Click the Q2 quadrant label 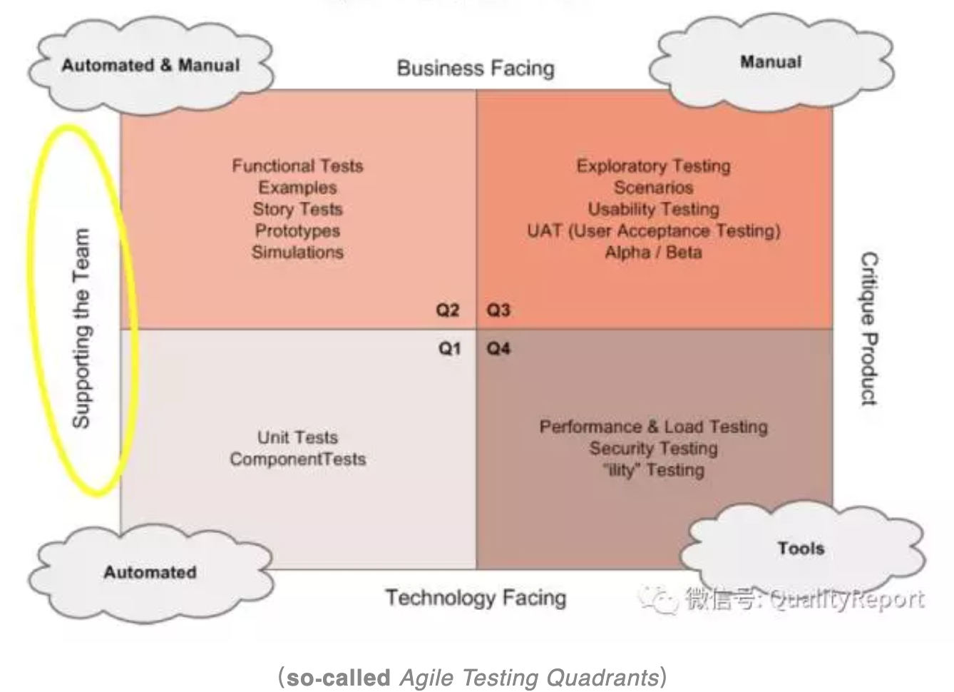pos(448,310)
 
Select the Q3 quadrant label pos(498,310)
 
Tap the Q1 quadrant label pos(449,349)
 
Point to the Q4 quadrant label pos(498,349)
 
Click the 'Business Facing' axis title pos(476,68)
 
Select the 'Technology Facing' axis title pos(476,598)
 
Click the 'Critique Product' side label pos(868,329)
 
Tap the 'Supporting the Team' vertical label pos(81,329)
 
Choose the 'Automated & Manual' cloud pos(150,66)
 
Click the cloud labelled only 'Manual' pos(771,63)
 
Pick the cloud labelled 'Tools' pos(801,549)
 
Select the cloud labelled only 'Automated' pos(150,572)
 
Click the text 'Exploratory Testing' pos(653,166)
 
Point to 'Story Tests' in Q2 pos(297,209)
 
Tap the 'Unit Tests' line pos(297,437)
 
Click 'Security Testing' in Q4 pos(653,449)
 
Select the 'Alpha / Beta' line pos(653,253)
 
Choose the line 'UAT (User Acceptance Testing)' pos(653,231)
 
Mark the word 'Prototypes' pos(297,231)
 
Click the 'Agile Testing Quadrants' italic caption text pos(528,677)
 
